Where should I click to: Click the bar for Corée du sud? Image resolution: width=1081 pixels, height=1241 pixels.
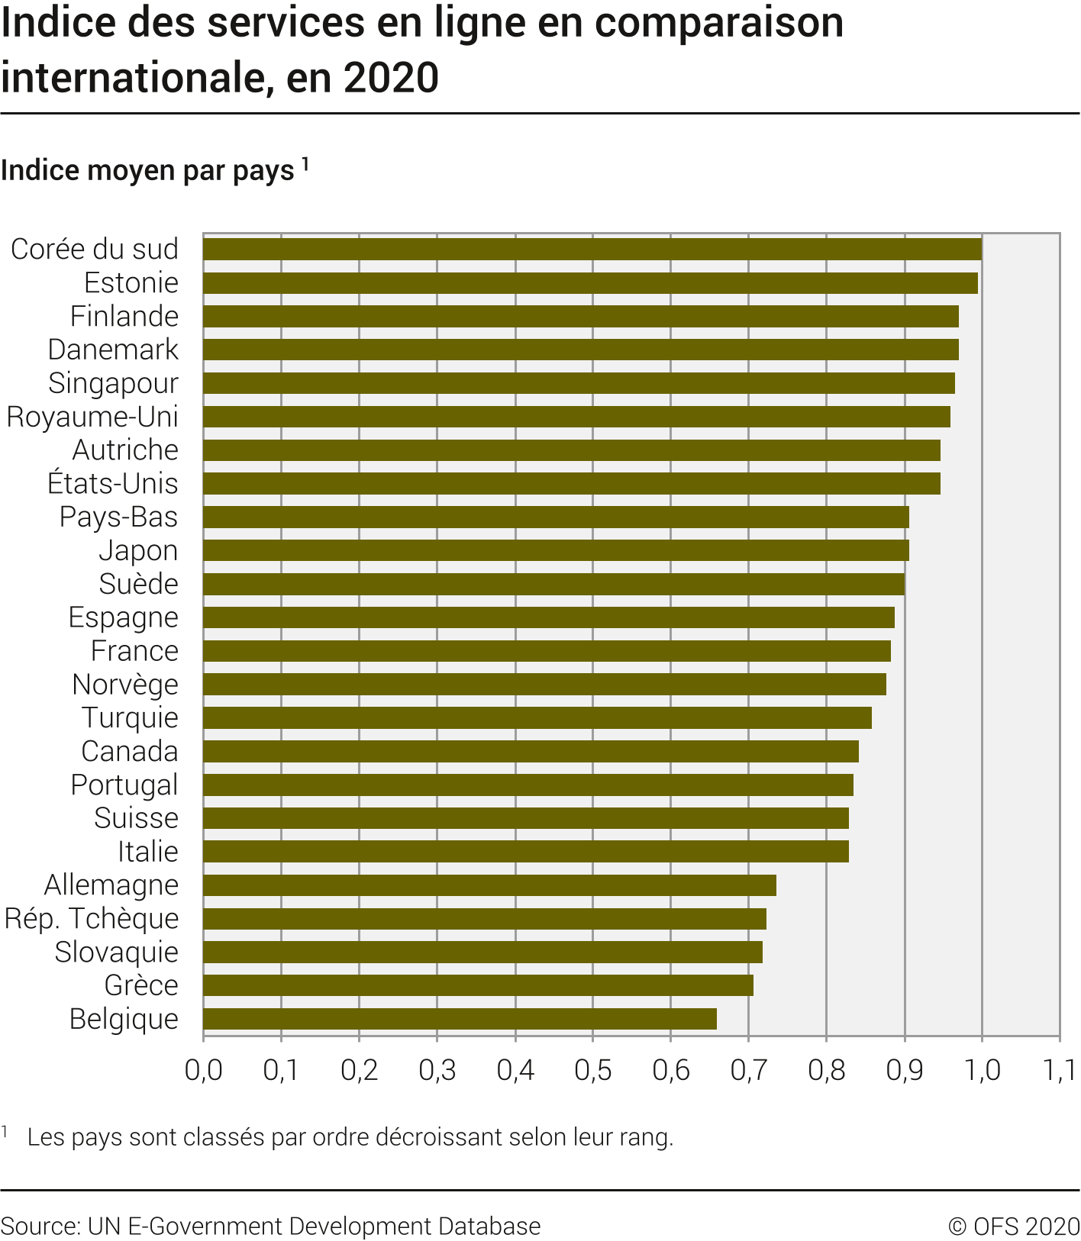[x=592, y=250]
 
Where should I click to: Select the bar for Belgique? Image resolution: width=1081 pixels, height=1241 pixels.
[x=460, y=1019]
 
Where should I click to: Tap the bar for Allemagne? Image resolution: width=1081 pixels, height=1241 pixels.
[x=489, y=885]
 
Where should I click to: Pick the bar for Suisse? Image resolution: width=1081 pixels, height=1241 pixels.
[x=525, y=818]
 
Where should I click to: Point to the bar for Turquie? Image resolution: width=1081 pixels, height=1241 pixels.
[x=537, y=718]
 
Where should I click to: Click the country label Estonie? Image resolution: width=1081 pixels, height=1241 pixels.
[x=131, y=283]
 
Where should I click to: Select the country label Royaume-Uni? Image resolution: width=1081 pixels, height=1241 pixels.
[x=92, y=417]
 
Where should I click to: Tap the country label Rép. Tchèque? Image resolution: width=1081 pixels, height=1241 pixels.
[x=92, y=918]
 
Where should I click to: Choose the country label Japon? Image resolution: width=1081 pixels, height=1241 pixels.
[x=138, y=550]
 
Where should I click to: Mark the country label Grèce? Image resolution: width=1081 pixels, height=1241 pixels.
[x=141, y=985]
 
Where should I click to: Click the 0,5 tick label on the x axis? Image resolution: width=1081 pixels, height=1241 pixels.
[x=592, y=1071]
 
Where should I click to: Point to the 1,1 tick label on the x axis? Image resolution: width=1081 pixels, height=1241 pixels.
[x=1059, y=1071]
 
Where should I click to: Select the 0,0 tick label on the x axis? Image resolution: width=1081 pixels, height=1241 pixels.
[x=204, y=1071]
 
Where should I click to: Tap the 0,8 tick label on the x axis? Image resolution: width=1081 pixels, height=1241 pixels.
[x=826, y=1071]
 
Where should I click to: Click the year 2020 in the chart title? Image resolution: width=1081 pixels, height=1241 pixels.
[x=391, y=78]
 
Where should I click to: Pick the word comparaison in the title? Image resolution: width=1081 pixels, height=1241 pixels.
[x=719, y=23]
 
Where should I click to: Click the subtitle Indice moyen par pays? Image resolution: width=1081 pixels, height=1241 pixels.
[x=147, y=170]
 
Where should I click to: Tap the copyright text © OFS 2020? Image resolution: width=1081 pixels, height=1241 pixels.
[x=1014, y=1226]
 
